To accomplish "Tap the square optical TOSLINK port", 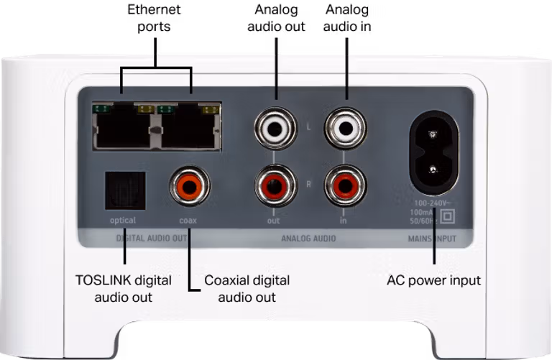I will click(124, 190).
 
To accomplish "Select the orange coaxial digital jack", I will click(190, 186).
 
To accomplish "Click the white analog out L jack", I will click(275, 129).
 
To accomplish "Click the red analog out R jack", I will click(275, 185).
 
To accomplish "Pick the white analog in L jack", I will click(346, 129).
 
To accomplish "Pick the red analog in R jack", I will click(346, 185).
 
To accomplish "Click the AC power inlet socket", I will click(433, 153).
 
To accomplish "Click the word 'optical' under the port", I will click(123, 221).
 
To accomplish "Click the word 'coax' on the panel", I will click(188, 221).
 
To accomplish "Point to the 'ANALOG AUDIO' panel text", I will click(308, 238).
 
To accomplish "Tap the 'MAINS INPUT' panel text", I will click(432, 238).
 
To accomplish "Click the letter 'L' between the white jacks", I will click(308, 127).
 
